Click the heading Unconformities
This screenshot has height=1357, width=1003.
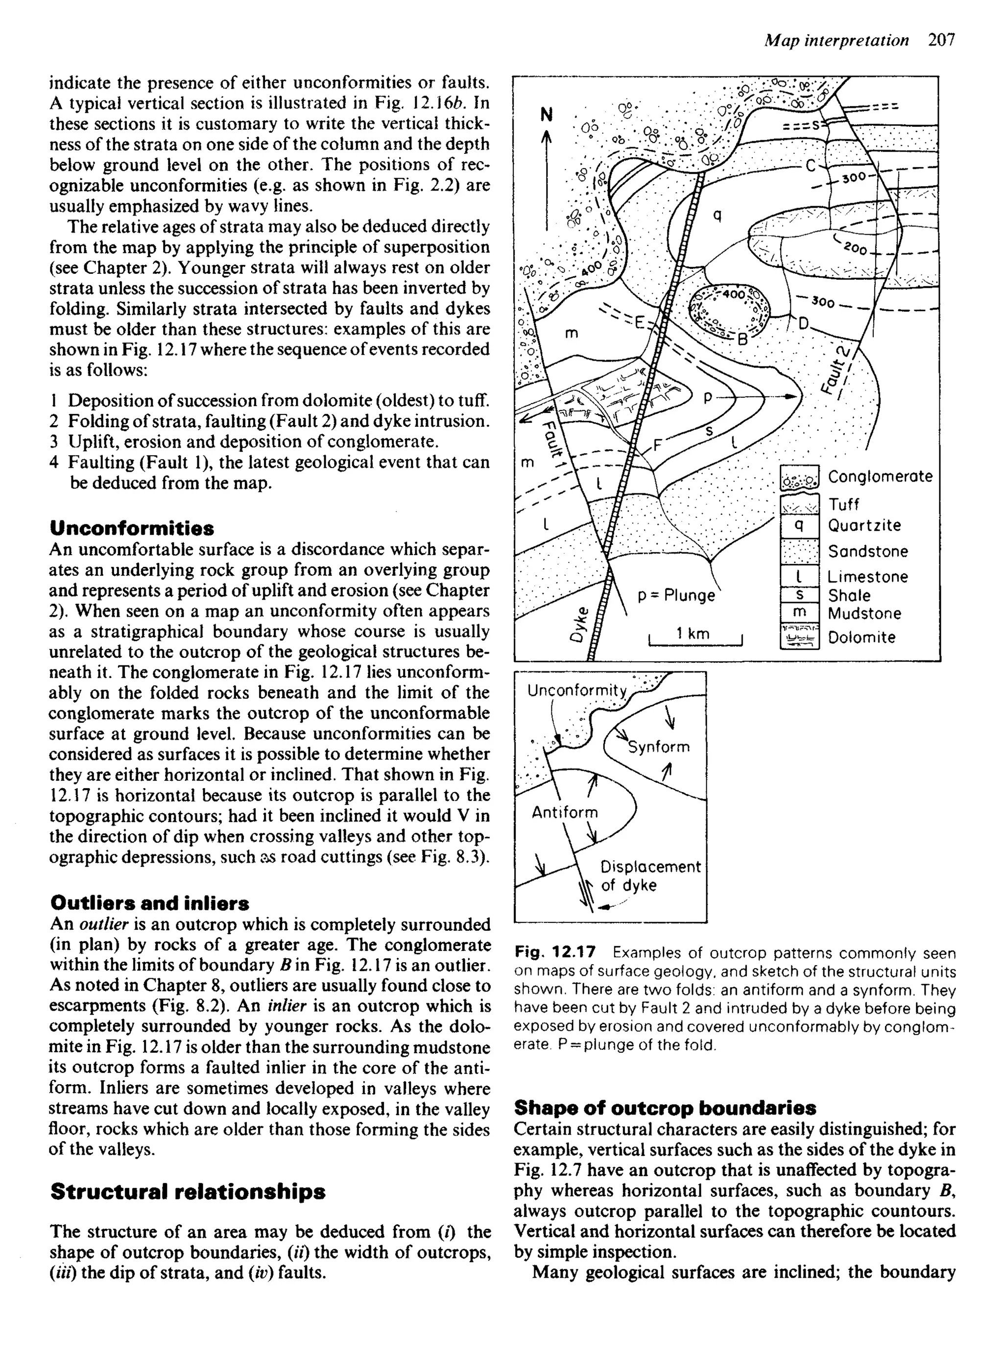coord(132,528)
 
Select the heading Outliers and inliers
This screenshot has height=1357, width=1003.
coord(149,903)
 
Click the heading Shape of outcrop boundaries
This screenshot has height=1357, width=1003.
coord(665,1108)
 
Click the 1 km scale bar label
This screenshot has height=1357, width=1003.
coord(693,633)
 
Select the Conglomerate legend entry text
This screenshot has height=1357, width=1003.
coord(880,477)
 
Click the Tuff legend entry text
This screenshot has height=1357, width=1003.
coord(844,505)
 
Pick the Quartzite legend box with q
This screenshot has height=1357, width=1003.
coord(799,525)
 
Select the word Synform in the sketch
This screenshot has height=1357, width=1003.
coord(659,747)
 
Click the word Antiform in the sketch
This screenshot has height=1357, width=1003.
coord(565,812)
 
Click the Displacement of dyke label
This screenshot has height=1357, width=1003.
coord(649,875)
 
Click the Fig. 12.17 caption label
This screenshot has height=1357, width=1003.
coord(555,952)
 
